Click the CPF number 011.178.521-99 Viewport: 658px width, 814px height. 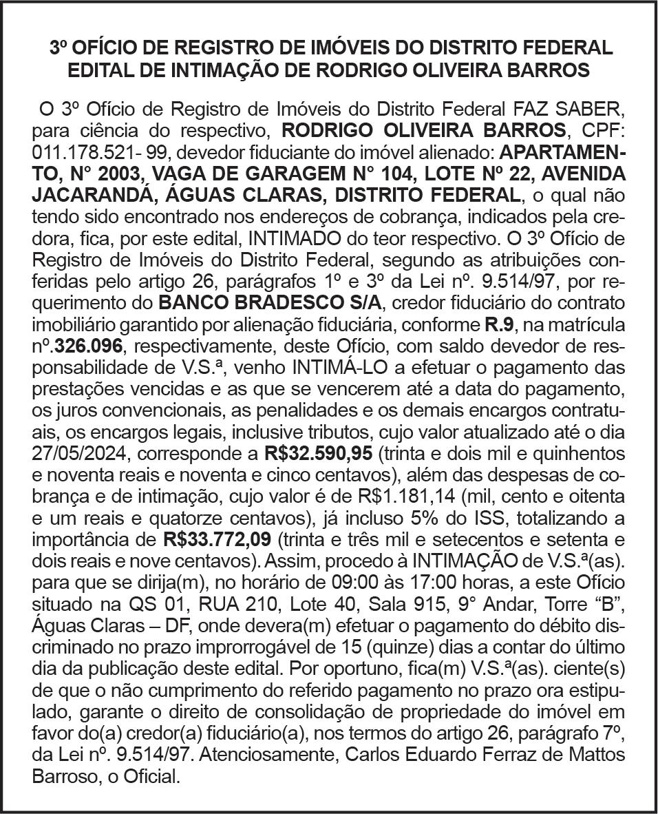[x=89, y=151]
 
